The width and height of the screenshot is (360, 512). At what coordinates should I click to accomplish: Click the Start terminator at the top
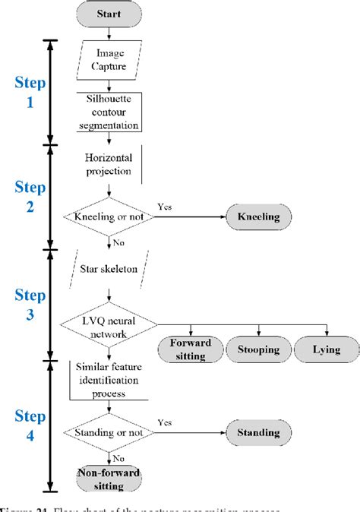[112, 13]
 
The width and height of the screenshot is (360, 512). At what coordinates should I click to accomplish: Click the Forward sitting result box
[190, 350]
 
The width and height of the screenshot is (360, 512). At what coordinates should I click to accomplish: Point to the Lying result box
[326, 350]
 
